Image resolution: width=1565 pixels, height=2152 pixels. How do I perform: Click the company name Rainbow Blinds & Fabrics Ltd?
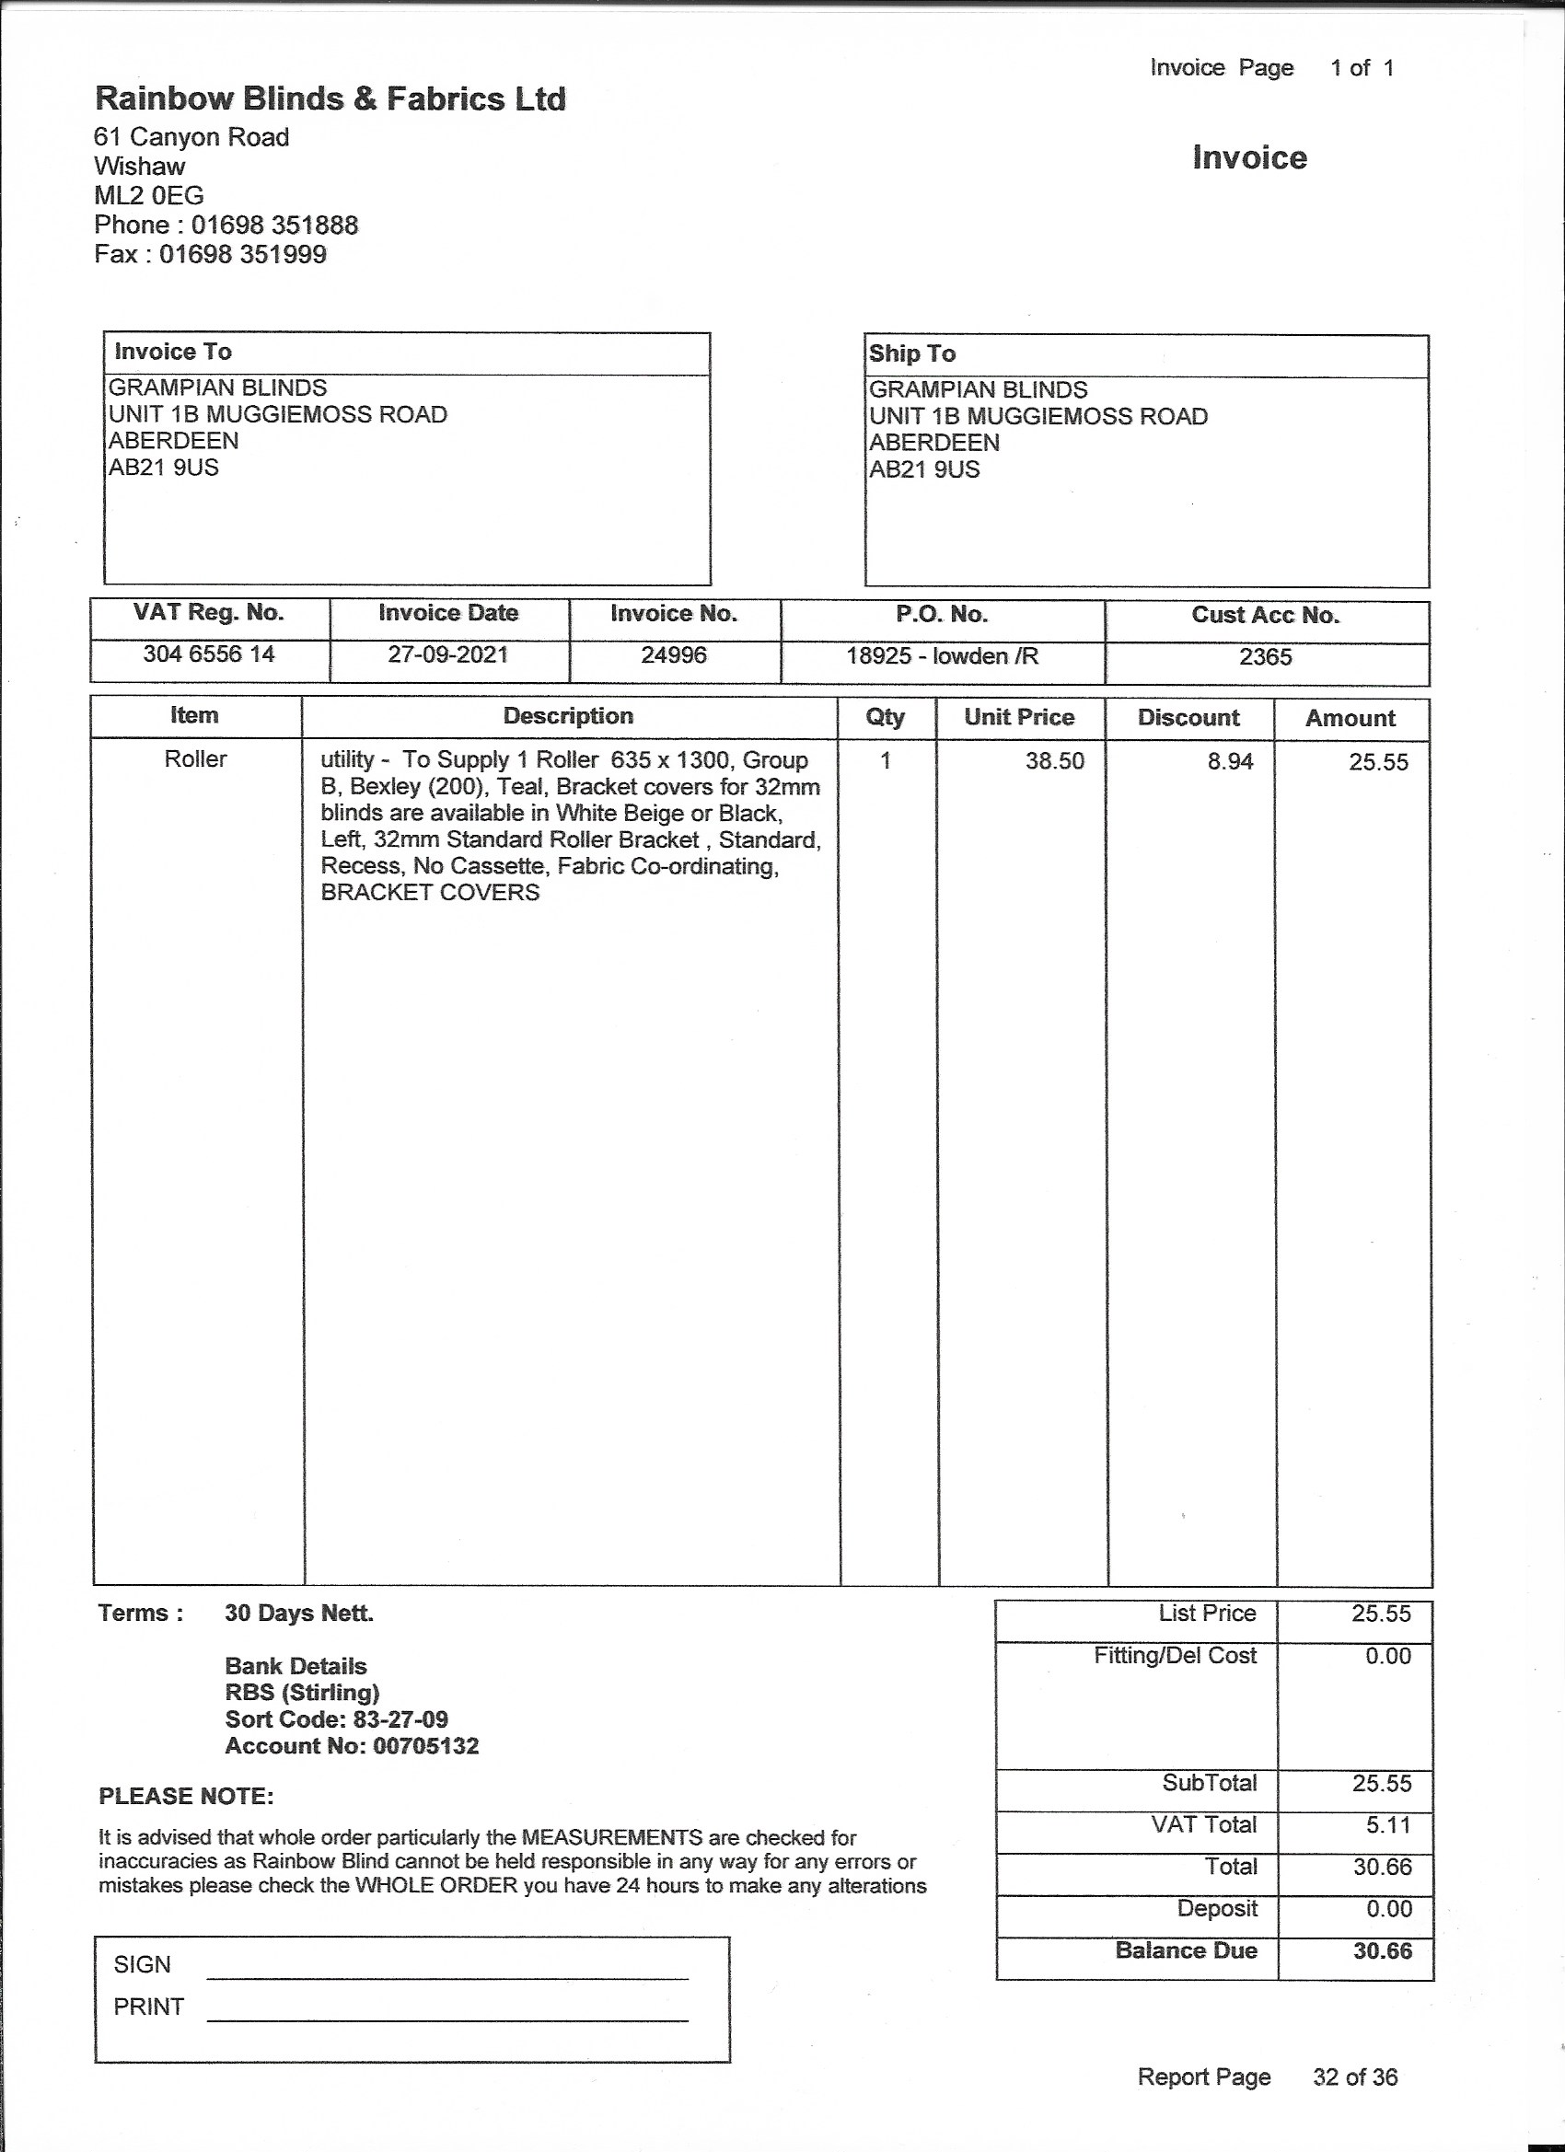[330, 98]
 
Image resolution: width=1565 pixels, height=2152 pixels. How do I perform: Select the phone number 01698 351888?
[274, 225]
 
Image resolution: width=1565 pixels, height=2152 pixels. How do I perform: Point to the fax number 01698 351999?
[242, 254]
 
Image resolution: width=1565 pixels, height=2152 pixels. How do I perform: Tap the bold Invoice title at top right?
[1249, 157]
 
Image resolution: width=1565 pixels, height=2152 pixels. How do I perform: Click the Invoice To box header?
[173, 352]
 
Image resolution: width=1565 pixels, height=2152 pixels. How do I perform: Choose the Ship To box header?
[912, 354]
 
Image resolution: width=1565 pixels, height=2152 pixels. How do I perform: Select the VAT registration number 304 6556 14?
[209, 654]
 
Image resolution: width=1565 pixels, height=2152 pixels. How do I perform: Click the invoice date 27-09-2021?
[448, 654]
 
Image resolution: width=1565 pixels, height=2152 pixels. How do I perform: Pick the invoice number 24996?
[674, 654]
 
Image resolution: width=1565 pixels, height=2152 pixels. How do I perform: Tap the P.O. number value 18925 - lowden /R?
[943, 655]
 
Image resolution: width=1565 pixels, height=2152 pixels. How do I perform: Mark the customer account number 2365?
[1265, 656]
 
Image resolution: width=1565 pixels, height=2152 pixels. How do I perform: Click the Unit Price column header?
[1019, 717]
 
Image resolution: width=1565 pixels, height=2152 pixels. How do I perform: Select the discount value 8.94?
[1230, 761]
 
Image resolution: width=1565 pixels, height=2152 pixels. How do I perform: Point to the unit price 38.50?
[1054, 761]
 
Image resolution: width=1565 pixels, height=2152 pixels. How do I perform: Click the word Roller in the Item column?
[195, 759]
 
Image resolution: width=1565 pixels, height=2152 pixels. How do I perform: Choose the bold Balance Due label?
[1187, 1950]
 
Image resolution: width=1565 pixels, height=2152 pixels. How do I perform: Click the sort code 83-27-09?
[400, 1719]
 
